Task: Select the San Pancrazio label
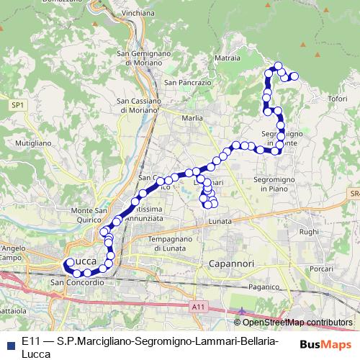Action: [187, 83]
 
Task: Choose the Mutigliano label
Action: [32, 143]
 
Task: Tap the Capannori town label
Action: [233, 264]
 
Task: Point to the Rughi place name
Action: [309, 232]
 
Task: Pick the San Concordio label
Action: [72, 282]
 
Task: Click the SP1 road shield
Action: [18, 105]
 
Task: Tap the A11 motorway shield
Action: [199, 307]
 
